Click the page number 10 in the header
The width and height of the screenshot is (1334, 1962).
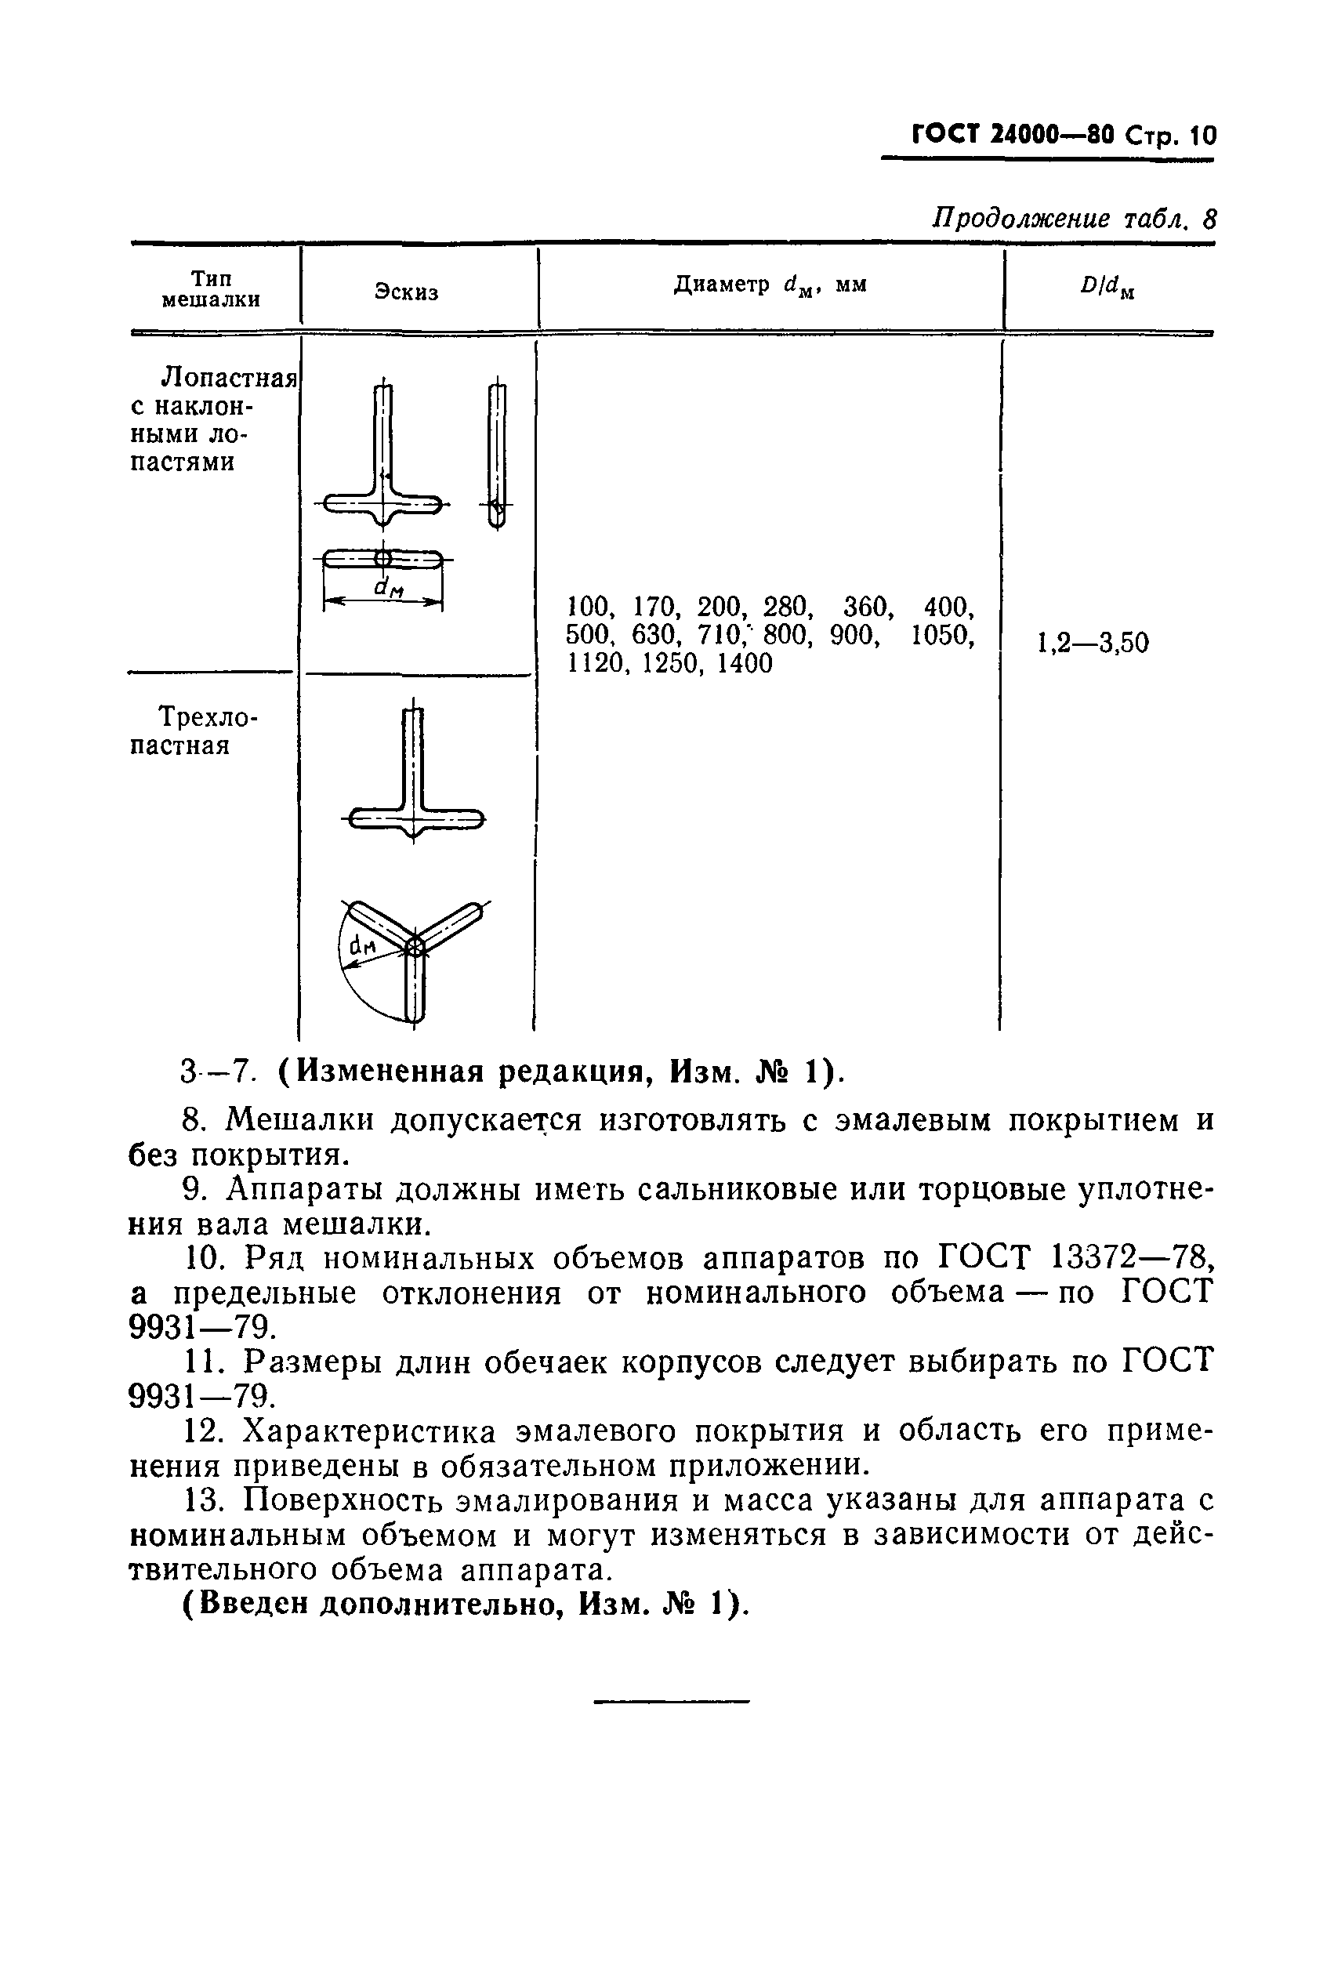click(1202, 136)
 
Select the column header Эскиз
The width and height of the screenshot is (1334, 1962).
click(406, 292)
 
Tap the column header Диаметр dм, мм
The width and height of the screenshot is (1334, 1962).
click(770, 286)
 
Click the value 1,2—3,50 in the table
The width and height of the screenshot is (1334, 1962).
click(1093, 644)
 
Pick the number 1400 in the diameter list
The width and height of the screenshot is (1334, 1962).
click(744, 664)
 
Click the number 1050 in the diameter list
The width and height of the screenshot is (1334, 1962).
click(942, 635)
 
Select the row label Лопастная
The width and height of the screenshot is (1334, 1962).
click(229, 376)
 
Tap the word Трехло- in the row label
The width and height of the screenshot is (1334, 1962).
click(208, 717)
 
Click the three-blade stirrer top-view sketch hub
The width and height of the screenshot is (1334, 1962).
click(414, 947)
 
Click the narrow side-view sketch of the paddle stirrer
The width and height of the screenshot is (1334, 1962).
click(497, 456)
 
